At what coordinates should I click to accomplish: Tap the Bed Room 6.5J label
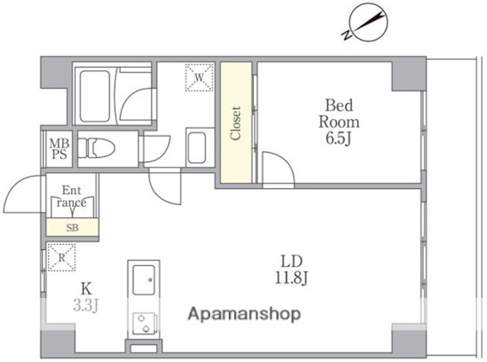pos(339,122)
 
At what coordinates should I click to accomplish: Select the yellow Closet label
pos(235,123)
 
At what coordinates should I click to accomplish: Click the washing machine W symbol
pos(200,78)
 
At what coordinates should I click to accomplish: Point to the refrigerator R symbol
pos(62,258)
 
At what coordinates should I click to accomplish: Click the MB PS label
pos(60,149)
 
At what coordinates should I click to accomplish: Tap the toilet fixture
pos(96,148)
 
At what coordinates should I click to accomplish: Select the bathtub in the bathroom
pos(95,96)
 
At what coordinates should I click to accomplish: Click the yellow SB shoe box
pos(72,227)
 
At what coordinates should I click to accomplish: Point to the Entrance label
pos(72,196)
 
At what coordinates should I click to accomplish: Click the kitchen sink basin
pos(143,280)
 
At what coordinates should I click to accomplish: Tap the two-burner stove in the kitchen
pos(144,323)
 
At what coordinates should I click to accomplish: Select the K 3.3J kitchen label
pos(86,297)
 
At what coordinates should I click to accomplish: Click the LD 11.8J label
pos(291,270)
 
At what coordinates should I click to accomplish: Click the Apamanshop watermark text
pos(244,315)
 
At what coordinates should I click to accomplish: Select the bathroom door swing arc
pos(131,99)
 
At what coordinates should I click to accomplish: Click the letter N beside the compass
pos(346,35)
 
